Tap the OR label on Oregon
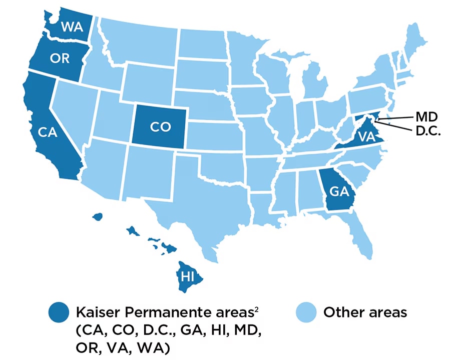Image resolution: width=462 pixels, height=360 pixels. (x=60, y=58)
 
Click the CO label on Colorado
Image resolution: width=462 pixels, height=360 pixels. (x=160, y=127)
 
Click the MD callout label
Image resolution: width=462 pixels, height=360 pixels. (x=426, y=117)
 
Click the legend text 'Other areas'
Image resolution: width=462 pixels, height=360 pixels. (x=365, y=313)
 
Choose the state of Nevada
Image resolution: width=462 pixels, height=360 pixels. (x=75, y=115)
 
